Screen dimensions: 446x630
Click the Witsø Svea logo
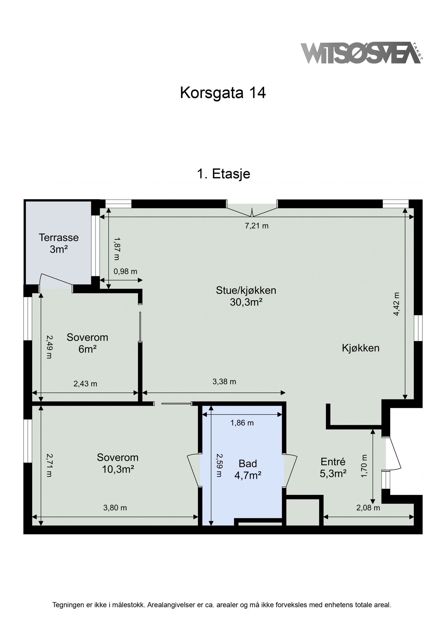[x=362, y=53]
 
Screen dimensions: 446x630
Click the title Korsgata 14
[x=223, y=93]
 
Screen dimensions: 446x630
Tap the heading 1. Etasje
[x=224, y=173]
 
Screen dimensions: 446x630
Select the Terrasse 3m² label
[x=59, y=244]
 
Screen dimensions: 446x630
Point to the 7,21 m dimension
[x=256, y=226]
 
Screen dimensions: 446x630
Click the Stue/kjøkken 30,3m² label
[x=246, y=296]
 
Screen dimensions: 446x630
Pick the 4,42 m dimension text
[x=396, y=304]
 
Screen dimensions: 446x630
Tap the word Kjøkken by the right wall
[x=361, y=348]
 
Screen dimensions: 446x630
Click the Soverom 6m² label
[x=87, y=343]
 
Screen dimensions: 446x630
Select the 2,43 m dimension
[x=85, y=384]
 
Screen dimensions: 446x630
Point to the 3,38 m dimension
[x=224, y=381]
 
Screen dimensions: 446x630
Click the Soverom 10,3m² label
[x=118, y=463]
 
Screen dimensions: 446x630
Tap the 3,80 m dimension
[x=115, y=507]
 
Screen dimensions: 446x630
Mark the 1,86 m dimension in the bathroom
[x=242, y=423]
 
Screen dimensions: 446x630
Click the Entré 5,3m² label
[x=333, y=468]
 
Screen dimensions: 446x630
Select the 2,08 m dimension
[x=368, y=508]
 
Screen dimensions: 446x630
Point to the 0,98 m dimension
[x=125, y=271]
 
